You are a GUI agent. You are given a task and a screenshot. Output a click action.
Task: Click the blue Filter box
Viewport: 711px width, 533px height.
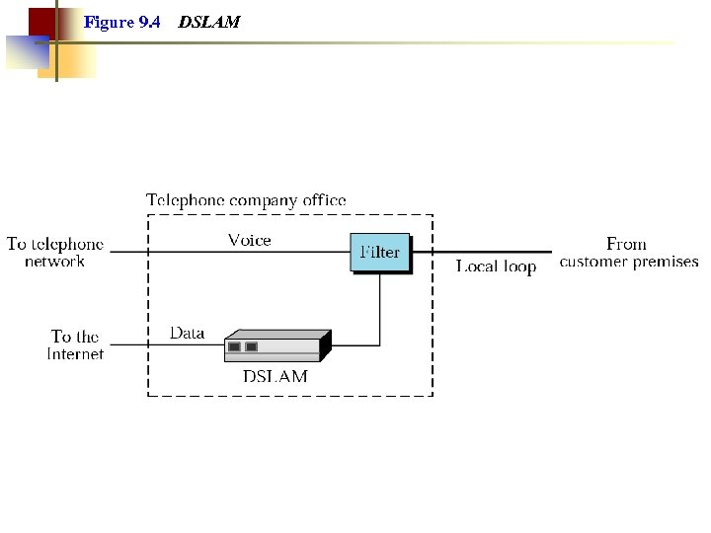[x=380, y=253]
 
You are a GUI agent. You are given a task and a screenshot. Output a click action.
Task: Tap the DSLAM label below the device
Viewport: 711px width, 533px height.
[x=276, y=376]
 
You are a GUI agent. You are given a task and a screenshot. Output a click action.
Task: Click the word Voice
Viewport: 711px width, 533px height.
[x=249, y=240]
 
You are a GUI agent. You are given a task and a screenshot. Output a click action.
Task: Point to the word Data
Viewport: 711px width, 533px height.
[x=187, y=333]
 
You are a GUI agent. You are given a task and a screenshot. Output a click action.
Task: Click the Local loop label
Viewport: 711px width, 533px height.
[x=496, y=266]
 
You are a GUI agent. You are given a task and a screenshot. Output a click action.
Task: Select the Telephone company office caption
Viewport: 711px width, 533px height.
[x=246, y=200]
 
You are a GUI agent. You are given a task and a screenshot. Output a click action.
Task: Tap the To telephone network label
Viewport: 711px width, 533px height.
[x=54, y=253]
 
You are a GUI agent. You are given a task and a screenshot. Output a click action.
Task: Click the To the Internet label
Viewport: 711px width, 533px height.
[x=75, y=345]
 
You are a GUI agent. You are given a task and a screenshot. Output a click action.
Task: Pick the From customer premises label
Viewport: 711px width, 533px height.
[x=628, y=253]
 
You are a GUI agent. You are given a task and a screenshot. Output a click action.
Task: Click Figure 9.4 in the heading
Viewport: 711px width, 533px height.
[x=122, y=22]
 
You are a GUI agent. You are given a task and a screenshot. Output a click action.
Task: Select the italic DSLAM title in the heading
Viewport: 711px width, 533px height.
[x=208, y=22]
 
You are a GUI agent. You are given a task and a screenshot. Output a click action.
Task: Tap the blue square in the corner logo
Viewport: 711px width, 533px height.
[x=27, y=52]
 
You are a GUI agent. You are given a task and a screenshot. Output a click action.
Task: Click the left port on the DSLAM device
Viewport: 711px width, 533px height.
[x=234, y=346]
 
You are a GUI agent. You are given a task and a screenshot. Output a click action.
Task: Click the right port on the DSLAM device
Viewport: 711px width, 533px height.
[x=251, y=346]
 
